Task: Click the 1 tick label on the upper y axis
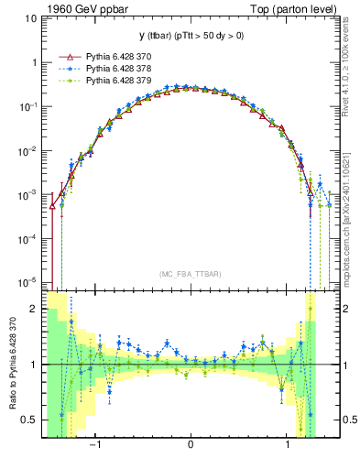[x=34, y=64]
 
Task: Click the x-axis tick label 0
[x=190, y=446]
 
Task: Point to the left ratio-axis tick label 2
[x=34, y=310]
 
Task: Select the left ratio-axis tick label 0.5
[x=30, y=420]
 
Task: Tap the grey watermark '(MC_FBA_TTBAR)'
[x=190, y=274]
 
